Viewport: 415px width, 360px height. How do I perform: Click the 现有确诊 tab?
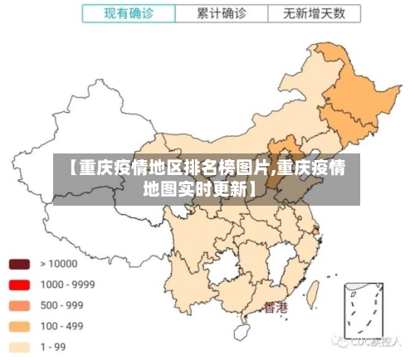click(129, 13)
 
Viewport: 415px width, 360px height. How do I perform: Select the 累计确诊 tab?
click(222, 13)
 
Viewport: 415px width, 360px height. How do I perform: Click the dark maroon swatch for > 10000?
click(20, 265)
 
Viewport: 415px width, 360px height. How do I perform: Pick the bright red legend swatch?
click(20, 285)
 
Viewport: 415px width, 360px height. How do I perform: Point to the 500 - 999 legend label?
click(61, 305)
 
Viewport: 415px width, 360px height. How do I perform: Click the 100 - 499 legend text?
click(61, 326)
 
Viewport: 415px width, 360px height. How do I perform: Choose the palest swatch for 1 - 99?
click(20, 347)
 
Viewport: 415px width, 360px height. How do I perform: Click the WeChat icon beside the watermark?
click(342, 341)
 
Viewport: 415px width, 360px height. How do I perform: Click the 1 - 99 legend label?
click(55, 347)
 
